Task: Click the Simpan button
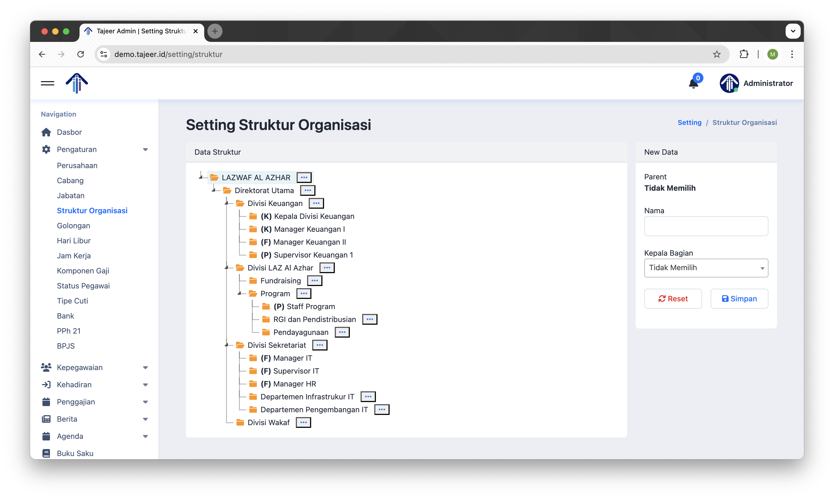pos(739,299)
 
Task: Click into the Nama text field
pos(706,226)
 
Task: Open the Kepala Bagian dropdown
pos(706,268)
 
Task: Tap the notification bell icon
pos(693,84)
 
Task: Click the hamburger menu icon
pos(47,83)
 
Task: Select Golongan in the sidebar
pos(73,226)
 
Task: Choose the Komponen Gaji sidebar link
pos(83,271)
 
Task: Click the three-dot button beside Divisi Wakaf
pos(303,422)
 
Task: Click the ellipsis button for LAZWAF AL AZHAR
pos(304,177)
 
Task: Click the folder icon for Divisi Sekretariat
pos(240,345)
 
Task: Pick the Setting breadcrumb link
pos(689,122)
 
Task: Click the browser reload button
pos(81,54)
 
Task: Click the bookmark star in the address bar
pos(717,54)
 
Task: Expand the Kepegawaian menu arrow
pos(145,367)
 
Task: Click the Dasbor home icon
pos(46,132)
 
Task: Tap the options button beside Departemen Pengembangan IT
pos(382,410)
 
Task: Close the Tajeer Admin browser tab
pos(195,31)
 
